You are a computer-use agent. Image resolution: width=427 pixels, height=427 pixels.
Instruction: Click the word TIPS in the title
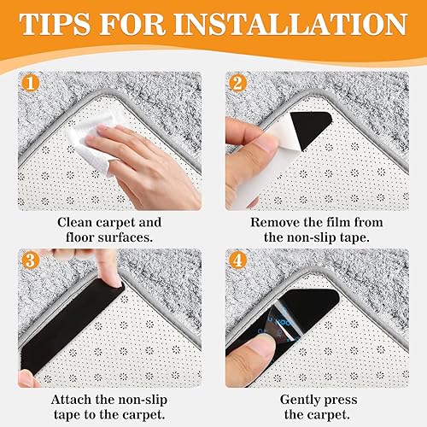click(55, 24)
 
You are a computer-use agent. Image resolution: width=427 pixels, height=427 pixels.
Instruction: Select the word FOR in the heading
click(132, 24)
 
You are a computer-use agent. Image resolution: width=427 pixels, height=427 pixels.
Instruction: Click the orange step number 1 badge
click(30, 83)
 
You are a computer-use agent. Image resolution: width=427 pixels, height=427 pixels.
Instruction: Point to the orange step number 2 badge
click(237, 83)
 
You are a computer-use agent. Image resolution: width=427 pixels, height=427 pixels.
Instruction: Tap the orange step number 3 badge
click(30, 260)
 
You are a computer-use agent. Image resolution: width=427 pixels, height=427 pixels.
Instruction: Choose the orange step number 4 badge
click(237, 260)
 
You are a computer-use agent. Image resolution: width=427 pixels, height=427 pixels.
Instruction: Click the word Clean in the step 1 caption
click(74, 222)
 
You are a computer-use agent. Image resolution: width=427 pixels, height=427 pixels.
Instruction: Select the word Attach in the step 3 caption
click(71, 400)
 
